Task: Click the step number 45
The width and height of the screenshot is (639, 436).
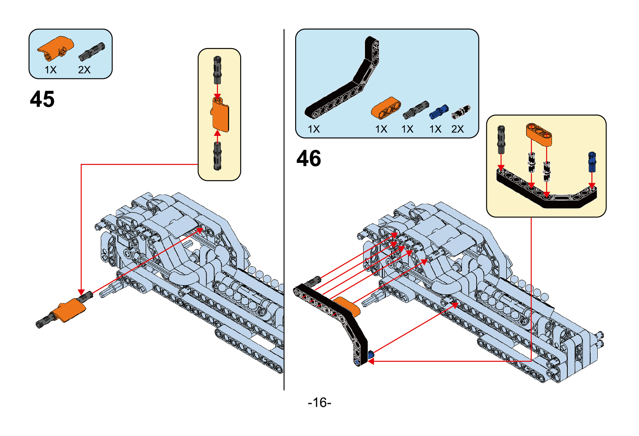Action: [x=42, y=99]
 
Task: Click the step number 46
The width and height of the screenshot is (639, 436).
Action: [x=309, y=158]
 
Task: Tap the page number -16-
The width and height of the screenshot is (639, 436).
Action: [x=319, y=402]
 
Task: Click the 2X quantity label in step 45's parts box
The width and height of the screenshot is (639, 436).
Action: [x=84, y=70]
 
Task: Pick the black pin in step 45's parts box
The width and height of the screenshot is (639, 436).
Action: [x=91, y=52]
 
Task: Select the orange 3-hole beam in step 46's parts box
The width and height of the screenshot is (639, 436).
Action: [x=386, y=108]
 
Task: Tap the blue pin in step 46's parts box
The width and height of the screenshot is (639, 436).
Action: [x=439, y=111]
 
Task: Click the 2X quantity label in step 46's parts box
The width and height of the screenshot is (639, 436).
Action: [x=457, y=129]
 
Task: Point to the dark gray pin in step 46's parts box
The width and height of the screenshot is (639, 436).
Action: [x=415, y=110]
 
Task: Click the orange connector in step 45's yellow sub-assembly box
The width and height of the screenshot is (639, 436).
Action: [x=220, y=115]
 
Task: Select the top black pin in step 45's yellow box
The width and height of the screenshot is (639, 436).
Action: [x=217, y=70]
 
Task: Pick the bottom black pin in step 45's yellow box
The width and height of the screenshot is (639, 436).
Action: [x=217, y=156]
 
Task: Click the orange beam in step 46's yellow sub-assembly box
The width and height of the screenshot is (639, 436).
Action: [x=539, y=134]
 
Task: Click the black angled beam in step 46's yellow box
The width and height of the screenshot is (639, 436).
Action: [x=546, y=192]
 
